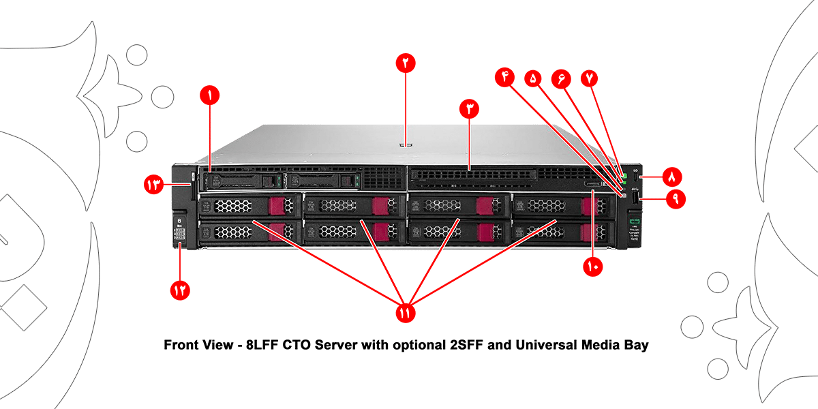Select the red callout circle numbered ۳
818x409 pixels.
pos(469,108)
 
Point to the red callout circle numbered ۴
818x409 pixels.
pos(505,77)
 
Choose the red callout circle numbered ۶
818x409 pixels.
pos(561,78)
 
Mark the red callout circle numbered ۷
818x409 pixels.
pos(588,78)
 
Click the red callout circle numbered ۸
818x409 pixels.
pos(671,177)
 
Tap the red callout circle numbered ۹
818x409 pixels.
pos(676,199)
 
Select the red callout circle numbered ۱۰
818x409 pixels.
pos(592,267)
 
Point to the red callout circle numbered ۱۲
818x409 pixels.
pos(180,290)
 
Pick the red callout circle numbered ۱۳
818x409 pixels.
pos(153,184)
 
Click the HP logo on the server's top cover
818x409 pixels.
pos(405,144)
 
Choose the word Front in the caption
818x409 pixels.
pos(180,346)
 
